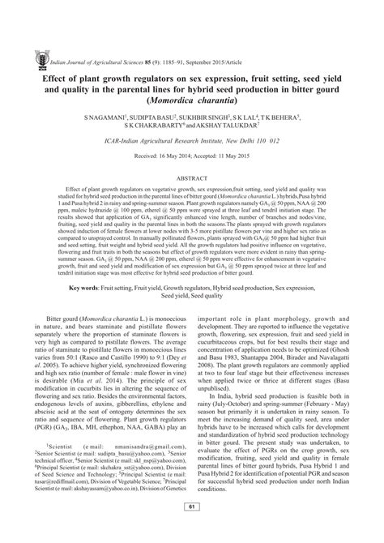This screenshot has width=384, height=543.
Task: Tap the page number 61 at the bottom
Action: [192, 530]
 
